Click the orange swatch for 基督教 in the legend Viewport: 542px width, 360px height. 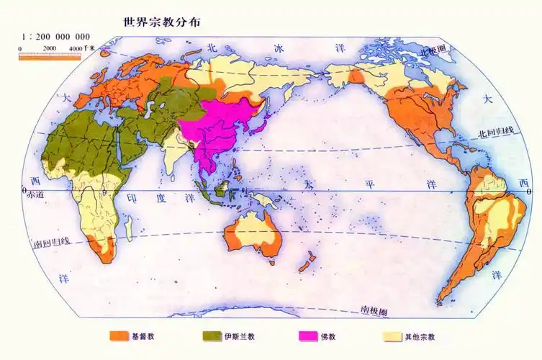tap(118, 336)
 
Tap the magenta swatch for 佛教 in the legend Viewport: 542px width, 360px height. tap(308, 336)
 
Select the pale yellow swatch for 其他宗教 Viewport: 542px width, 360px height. tap(392, 336)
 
